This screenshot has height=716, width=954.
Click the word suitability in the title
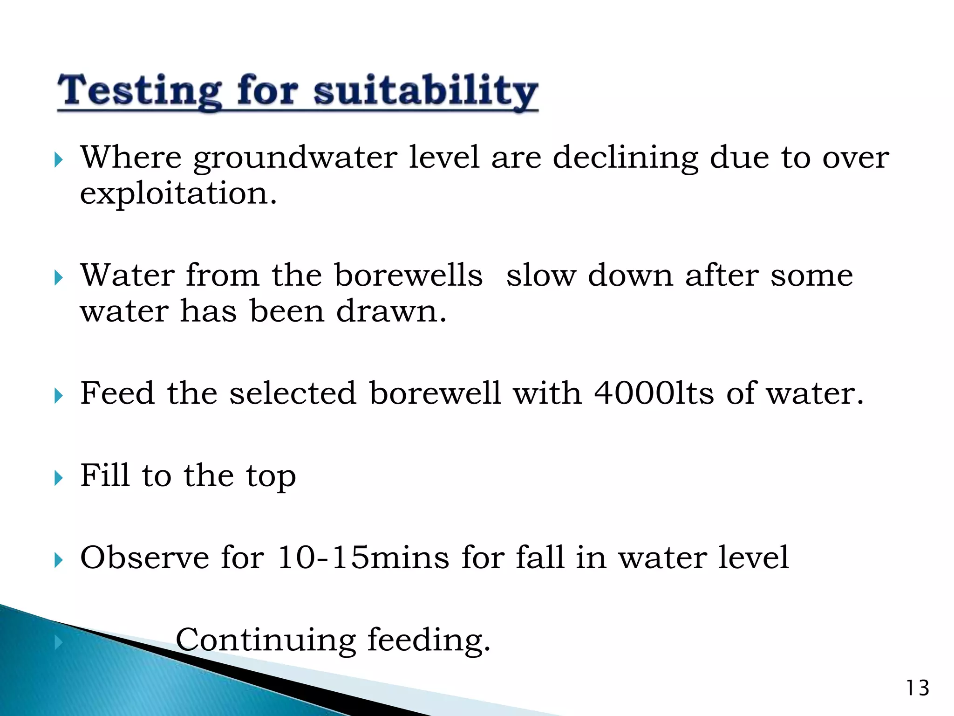(x=426, y=91)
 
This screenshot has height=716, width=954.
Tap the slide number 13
(x=917, y=688)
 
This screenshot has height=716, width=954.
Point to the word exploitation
(x=178, y=193)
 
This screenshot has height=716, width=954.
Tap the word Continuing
(x=266, y=640)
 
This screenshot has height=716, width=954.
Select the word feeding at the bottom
(x=429, y=640)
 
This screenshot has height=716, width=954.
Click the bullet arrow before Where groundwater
(x=58, y=160)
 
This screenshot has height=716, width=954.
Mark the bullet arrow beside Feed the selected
(x=58, y=396)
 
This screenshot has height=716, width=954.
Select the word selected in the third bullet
(x=293, y=393)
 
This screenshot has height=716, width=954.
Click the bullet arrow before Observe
(x=58, y=560)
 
